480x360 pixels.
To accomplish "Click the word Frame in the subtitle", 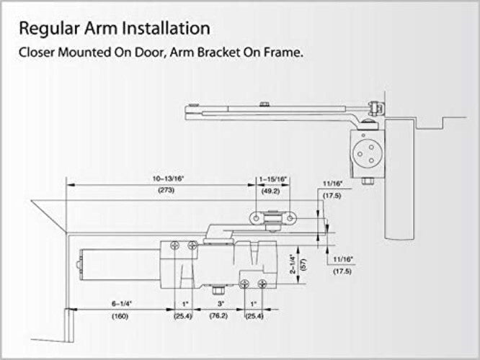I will [278, 53].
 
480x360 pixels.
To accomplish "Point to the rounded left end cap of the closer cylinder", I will [79, 265].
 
